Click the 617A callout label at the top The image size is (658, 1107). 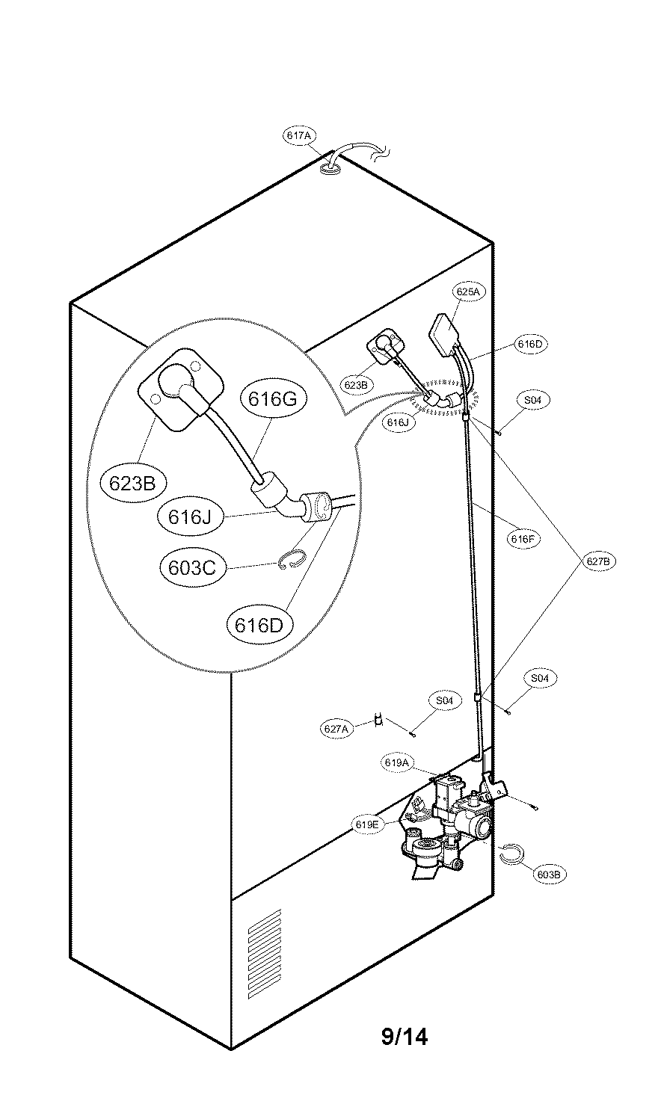pyautogui.click(x=300, y=135)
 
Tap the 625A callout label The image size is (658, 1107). pyautogui.click(x=468, y=292)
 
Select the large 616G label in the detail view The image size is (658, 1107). pyautogui.click(x=272, y=398)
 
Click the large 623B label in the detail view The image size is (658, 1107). pyautogui.click(x=132, y=483)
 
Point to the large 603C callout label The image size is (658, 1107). pyautogui.click(x=192, y=567)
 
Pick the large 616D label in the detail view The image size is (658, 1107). pyautogui.click(x=259, y=625)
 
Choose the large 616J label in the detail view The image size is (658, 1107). pyautogui.click(x=189, y=517)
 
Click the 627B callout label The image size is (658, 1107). pyautogui.click(x=598, y=561)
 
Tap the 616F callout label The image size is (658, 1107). pyautogui.click(x=523, y=539)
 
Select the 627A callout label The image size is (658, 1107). pyautogui.click(x=336, y=729)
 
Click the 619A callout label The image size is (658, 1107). pyautogui.click(x=397, y=762)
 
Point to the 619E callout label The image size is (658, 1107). pyautogui.click(x=367, y=824)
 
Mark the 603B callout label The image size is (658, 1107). pyautogui.click(x=550, y=875)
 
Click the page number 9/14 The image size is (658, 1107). pyautogui.click(x=405, y=1036)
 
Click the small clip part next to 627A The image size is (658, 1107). pyautogui.click(x=379, y=721)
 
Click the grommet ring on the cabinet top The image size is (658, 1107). pyautogui.click(x=329, y=170)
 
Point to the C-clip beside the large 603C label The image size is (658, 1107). pyautogui.click(x=292, y=558)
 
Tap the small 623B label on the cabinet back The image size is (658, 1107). pyautogui.click(x=355, y=384)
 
